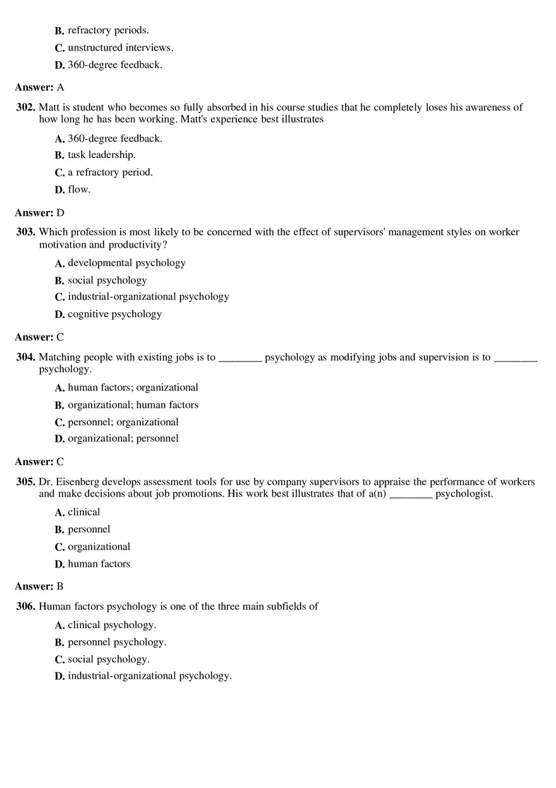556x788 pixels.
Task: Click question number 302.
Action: tap(25, 107)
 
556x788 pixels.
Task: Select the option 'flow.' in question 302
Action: tap(79, 189)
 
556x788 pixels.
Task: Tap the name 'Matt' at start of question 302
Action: tap(50, 107)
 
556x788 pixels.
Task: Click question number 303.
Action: tap(25, 232)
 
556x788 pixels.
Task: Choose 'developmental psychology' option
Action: tap(126, 263)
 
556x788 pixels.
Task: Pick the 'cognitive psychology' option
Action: tap(114, 314)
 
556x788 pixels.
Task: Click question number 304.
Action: tap(25, 357)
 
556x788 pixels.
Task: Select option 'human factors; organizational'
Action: tap(133, 387)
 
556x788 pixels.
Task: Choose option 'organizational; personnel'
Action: tap(123, 439)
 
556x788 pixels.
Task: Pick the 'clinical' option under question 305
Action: tap(84, 512)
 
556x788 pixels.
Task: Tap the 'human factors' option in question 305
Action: tap(99, 564)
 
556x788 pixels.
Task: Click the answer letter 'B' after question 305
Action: tap(60, 586)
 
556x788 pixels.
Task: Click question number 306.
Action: tap(25, 607)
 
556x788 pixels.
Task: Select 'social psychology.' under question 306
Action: tap(109, 659)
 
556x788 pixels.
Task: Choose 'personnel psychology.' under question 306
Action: tap(117, 642)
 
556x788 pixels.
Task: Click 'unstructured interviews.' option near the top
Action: tap(120, 47)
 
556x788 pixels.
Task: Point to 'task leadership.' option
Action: tap(102, 155)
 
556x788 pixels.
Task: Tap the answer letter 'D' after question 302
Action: tap(60, 213)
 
